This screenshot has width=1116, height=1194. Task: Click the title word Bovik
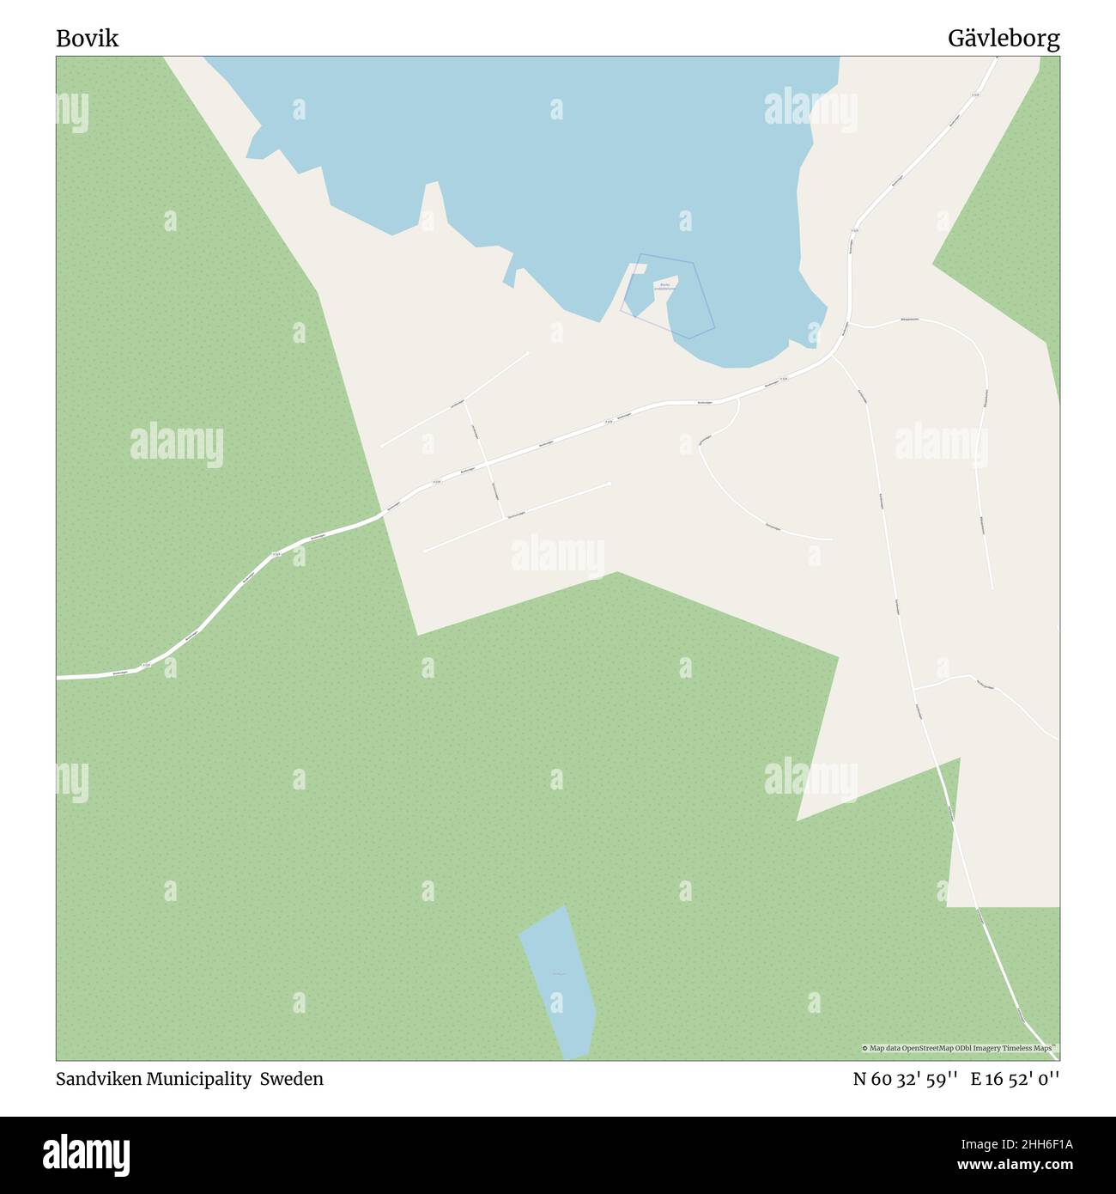coord(88,38)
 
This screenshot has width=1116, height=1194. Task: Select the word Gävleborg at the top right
coord(1004,38)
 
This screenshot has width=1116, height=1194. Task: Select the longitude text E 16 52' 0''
coord(1016,1079)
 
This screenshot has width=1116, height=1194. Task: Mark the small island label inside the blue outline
coord(664,287)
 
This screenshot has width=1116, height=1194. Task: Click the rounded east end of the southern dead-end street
coord(610,483)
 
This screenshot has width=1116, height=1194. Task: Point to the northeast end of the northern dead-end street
coord(528,352)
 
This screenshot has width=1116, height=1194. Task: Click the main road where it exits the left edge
coord(58,678)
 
